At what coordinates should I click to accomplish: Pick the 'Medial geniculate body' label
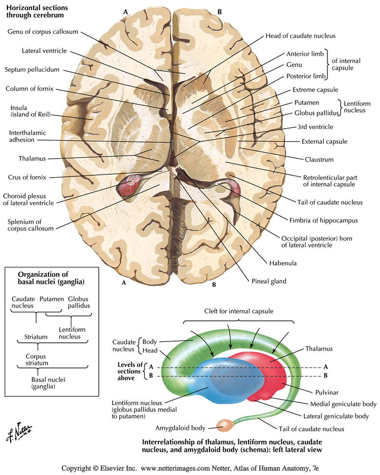[x=343, y=404]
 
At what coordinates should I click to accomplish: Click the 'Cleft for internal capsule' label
[x=233, y=311]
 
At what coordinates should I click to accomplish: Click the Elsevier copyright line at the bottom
[x=190, y=468]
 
